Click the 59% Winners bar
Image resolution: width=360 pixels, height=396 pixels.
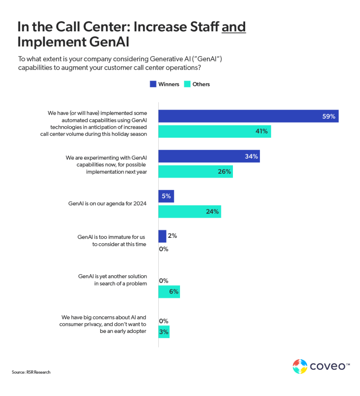click(248, 116)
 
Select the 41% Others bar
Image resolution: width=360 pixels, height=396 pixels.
click(215, 131)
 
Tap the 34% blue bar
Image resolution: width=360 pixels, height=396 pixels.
click(209, 156)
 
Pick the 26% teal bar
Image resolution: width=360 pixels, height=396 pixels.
click(195, 171)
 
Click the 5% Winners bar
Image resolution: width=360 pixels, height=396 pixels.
click(166, 196)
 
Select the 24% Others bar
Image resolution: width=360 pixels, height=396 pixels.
click(190, 212)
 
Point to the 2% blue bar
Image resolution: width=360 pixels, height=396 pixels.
click(162, 236)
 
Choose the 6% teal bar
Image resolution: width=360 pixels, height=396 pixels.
click(169, 292)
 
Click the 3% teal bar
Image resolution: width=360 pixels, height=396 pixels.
click(164, 332)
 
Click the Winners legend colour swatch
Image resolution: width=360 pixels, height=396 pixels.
click(153, 84)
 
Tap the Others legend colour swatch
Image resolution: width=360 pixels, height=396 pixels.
click(187, 84)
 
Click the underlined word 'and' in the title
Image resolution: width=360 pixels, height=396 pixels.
click(233, 27)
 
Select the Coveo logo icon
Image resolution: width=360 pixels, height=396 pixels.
click(300, 366)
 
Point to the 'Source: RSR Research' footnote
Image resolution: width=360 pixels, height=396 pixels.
click(31, 372)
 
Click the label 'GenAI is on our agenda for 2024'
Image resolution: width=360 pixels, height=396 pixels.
click(107, 204)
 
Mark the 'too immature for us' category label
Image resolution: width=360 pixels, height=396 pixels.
click(112, 241)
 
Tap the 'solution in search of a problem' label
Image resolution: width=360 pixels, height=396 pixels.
click(112, 280)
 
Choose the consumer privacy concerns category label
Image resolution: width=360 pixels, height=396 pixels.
click(103, 324)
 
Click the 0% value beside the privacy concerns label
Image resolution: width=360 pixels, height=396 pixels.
click(164, 321)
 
